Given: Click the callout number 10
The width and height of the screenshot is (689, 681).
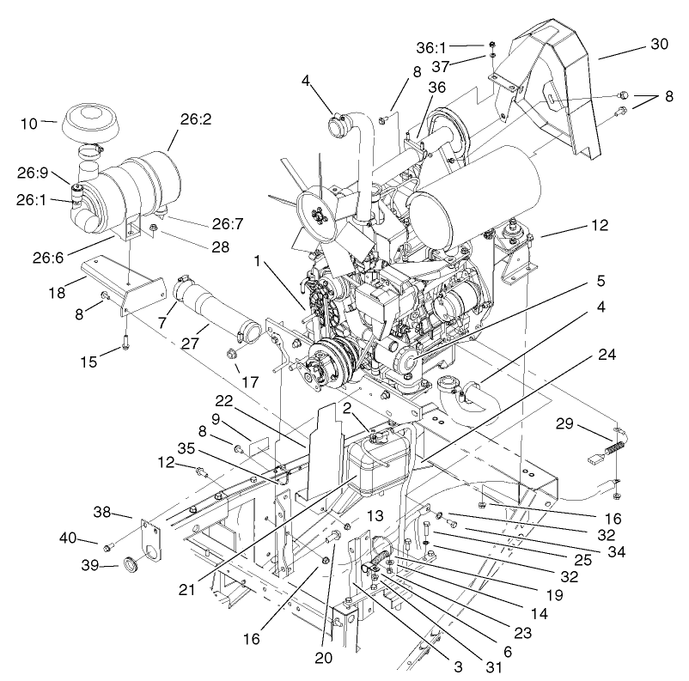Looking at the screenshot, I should pos(29,124).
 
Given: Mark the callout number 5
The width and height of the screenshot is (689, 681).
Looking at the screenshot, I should pos(601,280).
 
